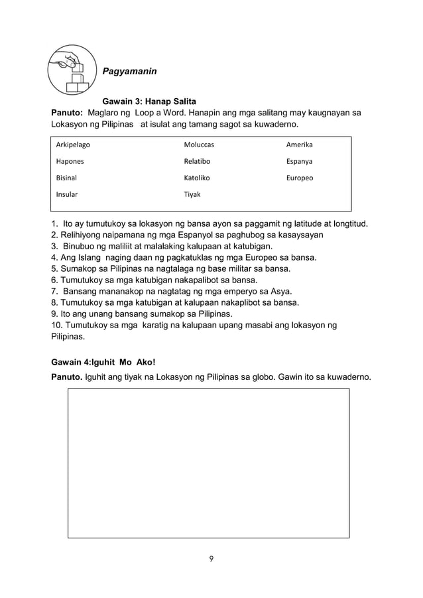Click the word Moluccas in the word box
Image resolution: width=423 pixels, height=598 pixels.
199,145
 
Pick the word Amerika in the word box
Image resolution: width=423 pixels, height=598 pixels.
299,145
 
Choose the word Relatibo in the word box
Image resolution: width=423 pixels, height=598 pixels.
198,161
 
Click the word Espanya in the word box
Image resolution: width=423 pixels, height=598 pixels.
299,161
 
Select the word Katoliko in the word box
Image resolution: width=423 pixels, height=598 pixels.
197,178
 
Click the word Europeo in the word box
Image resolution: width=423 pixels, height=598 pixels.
300,178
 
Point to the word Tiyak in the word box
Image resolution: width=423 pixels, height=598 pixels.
192,194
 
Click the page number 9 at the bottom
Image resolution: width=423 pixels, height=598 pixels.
211,558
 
